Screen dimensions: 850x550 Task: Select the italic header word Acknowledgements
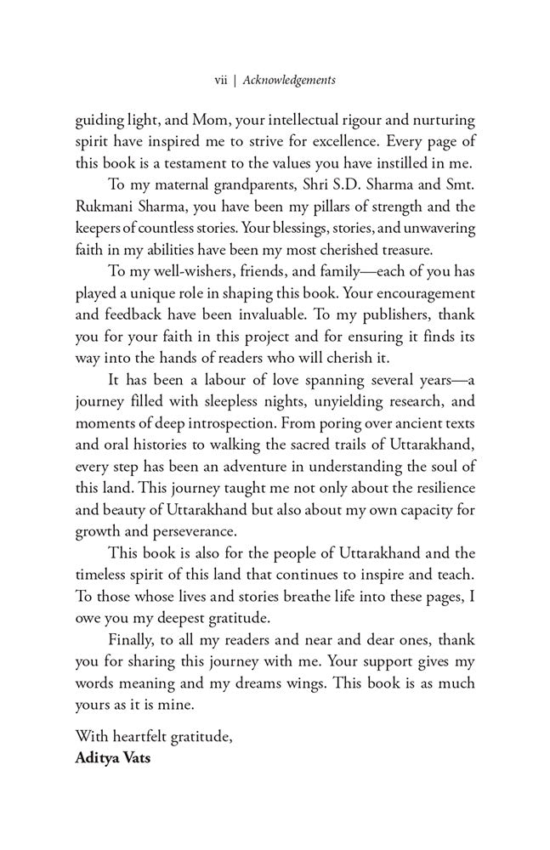(x=289, y=80)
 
